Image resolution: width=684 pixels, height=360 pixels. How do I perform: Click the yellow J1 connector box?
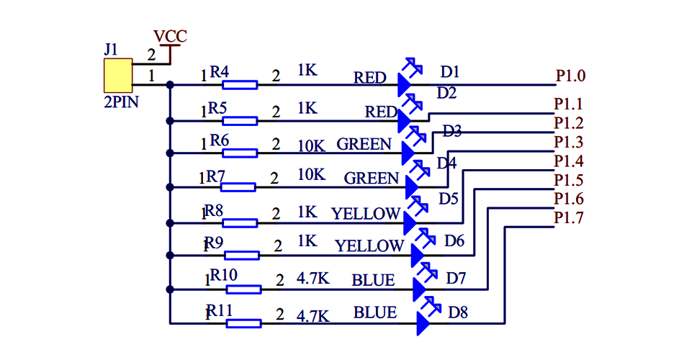(x=117, y=75)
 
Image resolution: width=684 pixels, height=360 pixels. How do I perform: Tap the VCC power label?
(x=170, y=36)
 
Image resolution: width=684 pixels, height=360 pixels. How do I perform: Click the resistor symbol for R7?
(x=238, y=187)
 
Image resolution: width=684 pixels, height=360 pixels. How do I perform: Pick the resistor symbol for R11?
(x=243, y=324)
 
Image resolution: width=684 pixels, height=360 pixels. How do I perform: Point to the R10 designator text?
(x=223, y=276)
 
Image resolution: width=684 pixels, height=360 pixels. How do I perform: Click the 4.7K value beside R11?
(x=313, y=315)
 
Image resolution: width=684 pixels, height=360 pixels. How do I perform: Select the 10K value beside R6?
(x=311, y=145)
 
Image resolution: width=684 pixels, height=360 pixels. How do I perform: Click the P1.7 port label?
(x=569, y=217)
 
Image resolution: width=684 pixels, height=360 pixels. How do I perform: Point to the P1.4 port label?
(x=569, y=161)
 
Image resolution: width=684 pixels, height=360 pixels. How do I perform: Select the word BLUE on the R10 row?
(x=373, y=280)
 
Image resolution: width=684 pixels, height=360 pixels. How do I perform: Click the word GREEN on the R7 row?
(x=372, y=178)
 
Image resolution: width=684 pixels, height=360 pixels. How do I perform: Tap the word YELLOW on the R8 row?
(x=366, y=213)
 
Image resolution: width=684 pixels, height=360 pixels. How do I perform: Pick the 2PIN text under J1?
(x=121, y=102)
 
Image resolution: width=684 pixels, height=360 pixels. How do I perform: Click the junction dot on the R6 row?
(x=170, y=153)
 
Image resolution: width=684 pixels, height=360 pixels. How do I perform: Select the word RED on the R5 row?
(x=381, y=112)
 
